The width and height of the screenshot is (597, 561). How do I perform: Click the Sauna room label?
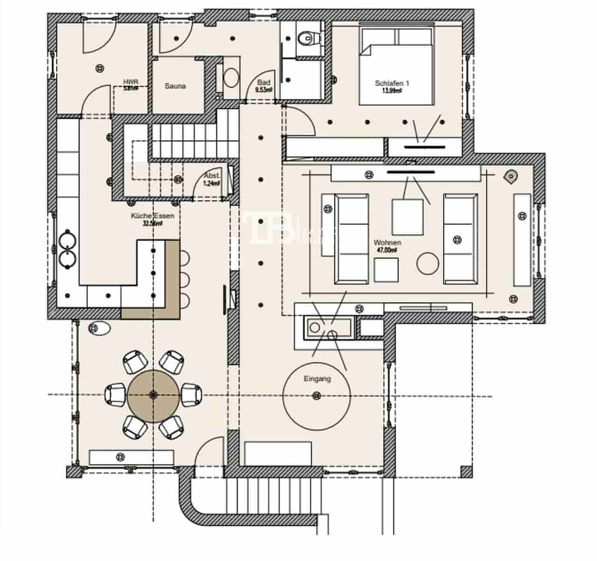click(x=175, y=86)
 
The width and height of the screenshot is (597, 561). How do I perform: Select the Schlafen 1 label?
click(x=392, y=83)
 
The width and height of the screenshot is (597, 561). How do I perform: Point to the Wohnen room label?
click(x=387, y=243)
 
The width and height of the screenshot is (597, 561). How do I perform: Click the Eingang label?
click(x=317, y=379)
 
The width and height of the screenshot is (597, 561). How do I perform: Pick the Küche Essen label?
click(x=152, y=216)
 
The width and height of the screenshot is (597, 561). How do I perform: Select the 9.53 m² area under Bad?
click(x=264, y=90)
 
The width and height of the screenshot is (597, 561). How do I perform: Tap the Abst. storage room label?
click(x=211, y=176)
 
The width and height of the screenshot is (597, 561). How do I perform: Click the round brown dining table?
click(x=153, y=395)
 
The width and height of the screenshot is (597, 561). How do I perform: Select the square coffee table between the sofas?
click(x=407, y=217)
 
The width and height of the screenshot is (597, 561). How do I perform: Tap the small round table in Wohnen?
click(x=428, y=263)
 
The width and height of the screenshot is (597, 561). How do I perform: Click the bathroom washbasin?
click(x=231, y=78)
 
